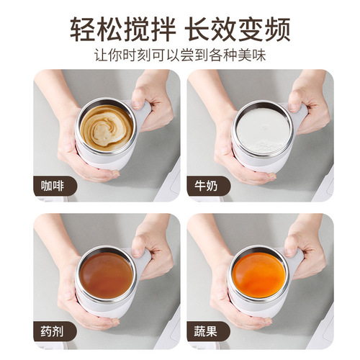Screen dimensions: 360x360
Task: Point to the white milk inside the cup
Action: (x=262, y=130)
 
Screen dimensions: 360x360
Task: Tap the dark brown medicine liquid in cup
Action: (x=107, y=274)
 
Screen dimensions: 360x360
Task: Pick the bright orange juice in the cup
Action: (x=259, y=274)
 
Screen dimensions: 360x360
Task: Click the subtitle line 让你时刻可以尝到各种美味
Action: (x=180, y=55)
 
